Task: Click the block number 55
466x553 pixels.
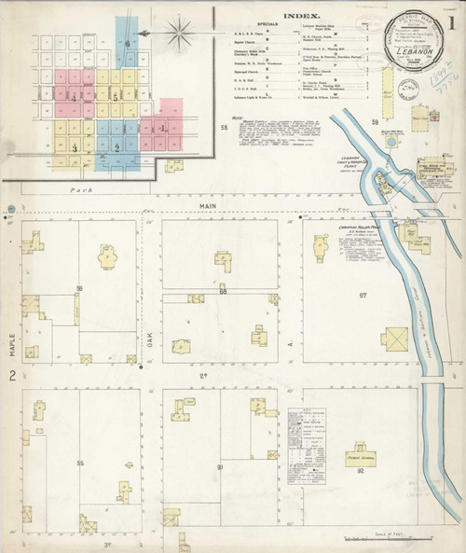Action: tap(80, 463)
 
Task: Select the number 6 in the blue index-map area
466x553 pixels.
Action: tap(126, 44)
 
